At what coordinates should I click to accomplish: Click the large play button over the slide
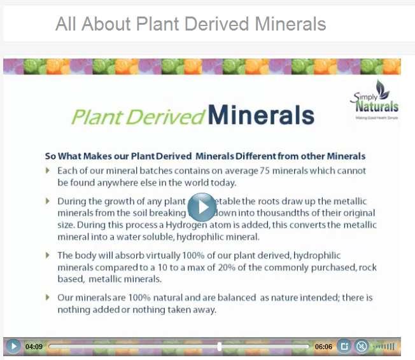point(202,207)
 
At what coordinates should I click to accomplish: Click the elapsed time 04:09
point(34,347)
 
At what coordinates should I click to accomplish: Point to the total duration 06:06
point(323,347)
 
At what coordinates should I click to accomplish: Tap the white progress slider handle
point(220,347)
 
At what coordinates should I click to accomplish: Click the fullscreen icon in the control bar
point(344,347)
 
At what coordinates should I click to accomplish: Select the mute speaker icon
point(361,347)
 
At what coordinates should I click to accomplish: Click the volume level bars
point(384,347)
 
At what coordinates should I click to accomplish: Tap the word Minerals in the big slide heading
point(261,115)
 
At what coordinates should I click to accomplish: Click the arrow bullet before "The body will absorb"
point(48,255)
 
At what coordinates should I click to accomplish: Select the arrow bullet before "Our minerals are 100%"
point(48,297)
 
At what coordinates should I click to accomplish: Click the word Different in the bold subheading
point(262,156)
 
